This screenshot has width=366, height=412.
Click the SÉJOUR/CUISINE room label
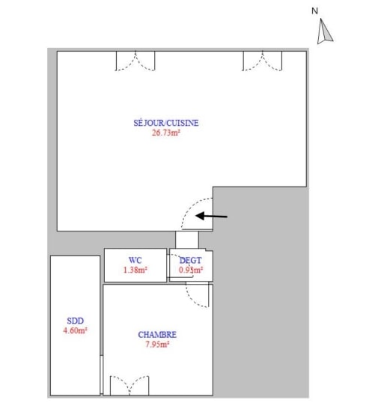(166, 123)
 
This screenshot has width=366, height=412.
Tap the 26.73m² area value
(166, 133)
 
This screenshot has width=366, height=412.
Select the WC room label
(135, 260)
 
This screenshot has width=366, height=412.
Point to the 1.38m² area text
(135, 270)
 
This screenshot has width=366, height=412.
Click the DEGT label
(191, 260)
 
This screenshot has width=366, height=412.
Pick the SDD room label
(76, 321)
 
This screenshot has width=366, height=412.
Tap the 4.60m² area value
(75, 330)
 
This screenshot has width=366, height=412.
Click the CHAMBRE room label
(157, 335)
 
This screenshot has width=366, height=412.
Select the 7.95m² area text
(157, 345)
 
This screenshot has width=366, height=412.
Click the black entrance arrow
(212, 216)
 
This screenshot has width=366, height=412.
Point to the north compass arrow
(325, 31)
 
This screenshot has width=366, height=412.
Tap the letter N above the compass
(314, 11)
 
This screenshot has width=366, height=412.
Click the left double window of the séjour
(135, 61)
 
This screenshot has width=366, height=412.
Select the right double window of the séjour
(262, 61)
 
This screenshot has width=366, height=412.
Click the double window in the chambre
(129, 385)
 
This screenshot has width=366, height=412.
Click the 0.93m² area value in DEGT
(191, 270)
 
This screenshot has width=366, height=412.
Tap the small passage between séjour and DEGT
(187, 240)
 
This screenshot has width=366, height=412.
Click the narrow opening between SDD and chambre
(102, 375)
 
